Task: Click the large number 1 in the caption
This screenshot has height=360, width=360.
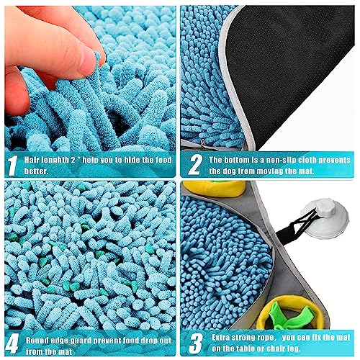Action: tap(12, 166)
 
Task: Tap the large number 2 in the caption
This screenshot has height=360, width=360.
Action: tap(195, 164)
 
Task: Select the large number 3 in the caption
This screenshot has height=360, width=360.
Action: tap(196, 344)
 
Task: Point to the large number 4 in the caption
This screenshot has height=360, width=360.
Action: tap(12, 345)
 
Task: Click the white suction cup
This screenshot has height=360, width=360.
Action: tap(326, 218)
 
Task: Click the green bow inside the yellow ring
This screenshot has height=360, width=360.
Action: tap(290, 317)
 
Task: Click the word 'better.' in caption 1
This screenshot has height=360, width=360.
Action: tap(36, 171)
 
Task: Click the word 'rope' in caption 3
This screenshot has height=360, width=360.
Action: tap(265, 338)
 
